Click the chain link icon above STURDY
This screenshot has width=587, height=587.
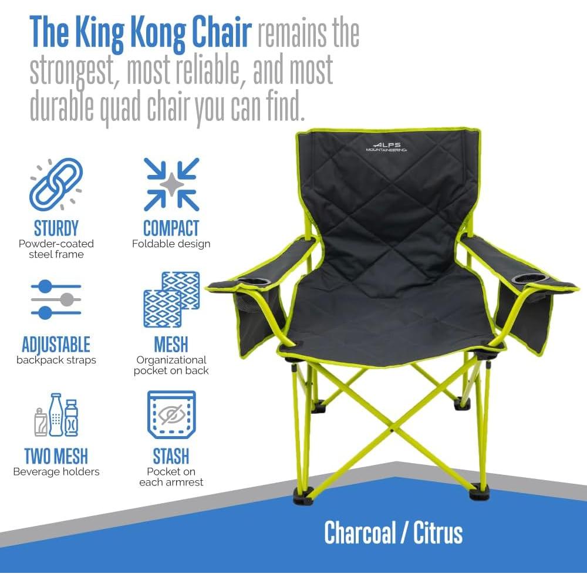pos(56,184)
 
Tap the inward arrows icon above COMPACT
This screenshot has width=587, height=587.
pos(171,184)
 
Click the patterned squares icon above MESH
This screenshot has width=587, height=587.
pos(171,299)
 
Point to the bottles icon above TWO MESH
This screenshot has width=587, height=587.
pos(56,415)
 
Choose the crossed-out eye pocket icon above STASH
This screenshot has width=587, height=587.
pos(171,415)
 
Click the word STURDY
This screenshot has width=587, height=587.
pos(56,228)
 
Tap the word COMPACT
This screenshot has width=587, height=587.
pos(171,228)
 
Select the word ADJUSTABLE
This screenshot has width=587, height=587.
pos(56,344)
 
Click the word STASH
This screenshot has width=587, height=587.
pos(171,456)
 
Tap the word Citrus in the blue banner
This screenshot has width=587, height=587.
pos(438,533)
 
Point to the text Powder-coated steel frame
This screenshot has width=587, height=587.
pos(56,249)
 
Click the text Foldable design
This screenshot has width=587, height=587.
pos(171,244)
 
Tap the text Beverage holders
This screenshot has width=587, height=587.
pos(56,471)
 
